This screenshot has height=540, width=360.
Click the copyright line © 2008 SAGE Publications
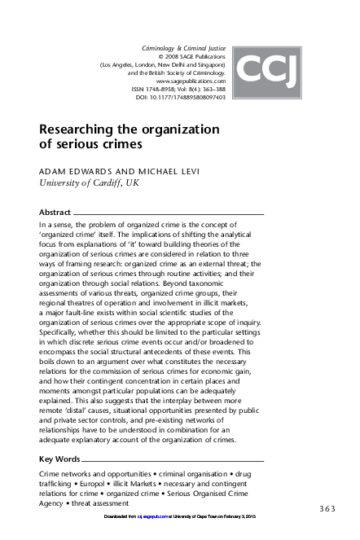(191, 58)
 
